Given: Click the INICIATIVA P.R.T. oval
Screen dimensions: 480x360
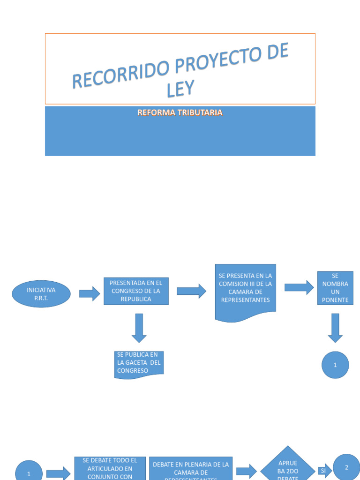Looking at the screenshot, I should tap(41, 294).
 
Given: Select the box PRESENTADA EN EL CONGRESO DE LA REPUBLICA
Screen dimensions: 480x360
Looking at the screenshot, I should tap(136, 291).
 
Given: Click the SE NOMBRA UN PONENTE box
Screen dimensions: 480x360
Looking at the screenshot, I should tap(335, 288).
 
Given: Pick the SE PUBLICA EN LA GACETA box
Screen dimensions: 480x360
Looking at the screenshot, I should tap(139, 364).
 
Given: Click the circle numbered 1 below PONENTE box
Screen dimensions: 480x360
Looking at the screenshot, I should tap(335, 365).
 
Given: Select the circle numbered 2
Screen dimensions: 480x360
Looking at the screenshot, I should tap(346, 467).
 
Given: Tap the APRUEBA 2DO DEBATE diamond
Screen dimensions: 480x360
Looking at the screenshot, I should tap(288, 467).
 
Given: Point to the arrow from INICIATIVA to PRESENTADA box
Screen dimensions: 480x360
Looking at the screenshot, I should tap(89, 294).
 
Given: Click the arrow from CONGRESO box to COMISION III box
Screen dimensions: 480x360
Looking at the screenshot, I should tap(191, 291).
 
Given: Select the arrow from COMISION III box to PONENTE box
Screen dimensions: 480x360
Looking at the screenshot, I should tap(299, 287).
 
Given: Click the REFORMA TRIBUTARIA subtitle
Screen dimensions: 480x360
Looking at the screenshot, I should tap(180, 113).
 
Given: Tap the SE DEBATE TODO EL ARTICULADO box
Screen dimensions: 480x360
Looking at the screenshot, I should tap(110, 468).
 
